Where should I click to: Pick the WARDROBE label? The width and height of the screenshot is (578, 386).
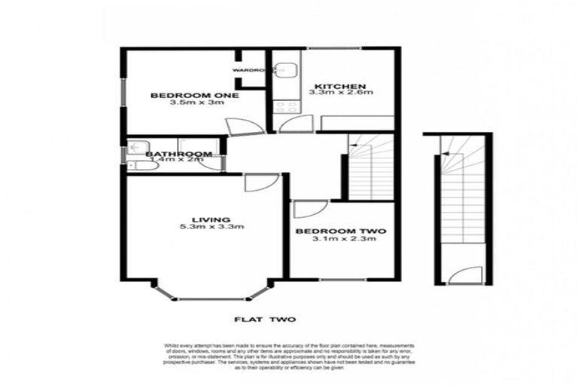[250, 70]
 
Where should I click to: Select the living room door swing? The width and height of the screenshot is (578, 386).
[260, 182]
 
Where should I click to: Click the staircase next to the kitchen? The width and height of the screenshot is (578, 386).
[371, 167]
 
